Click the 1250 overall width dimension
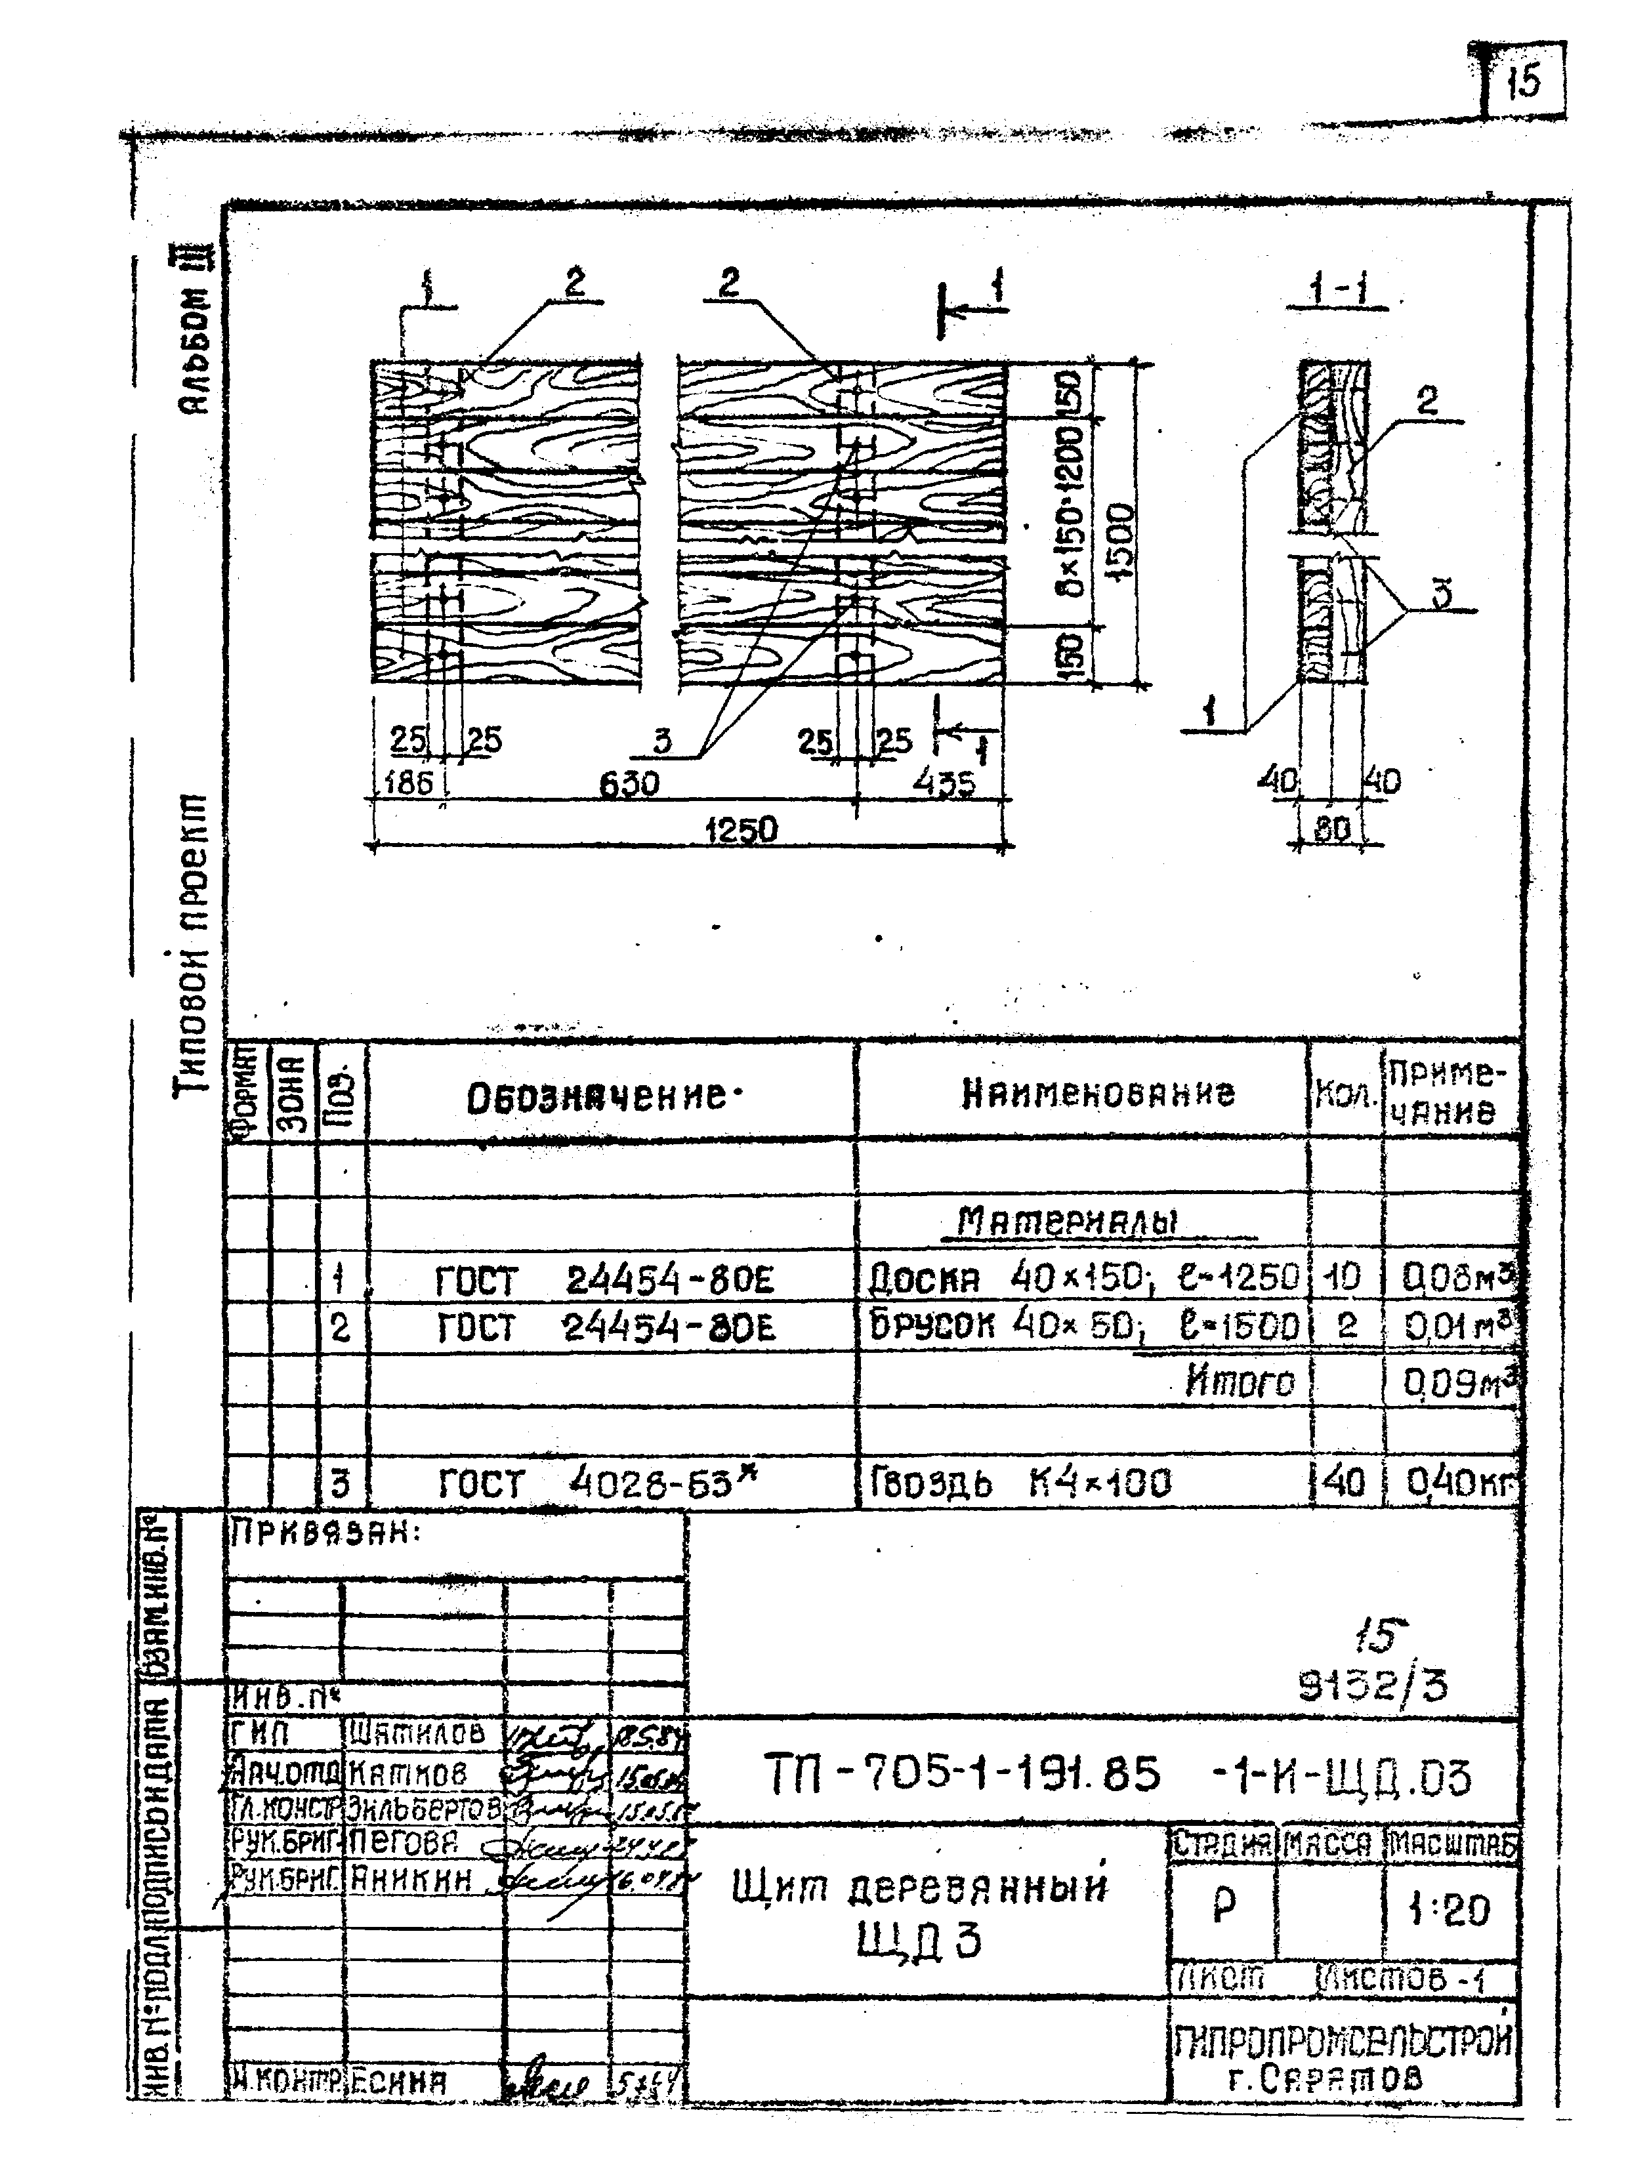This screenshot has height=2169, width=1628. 741,829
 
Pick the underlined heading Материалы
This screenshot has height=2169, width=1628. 1066,1222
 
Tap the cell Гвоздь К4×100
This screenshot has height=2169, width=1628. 1020,1483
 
